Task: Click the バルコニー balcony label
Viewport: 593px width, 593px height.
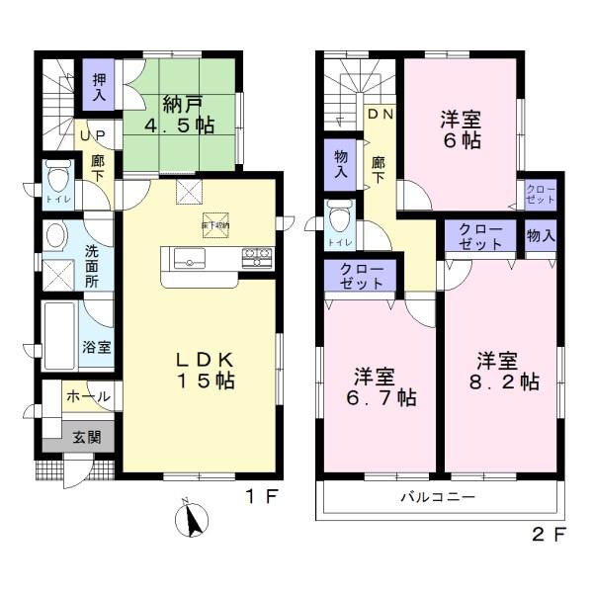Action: pos(438,497)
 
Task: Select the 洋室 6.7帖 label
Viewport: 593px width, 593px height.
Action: pos(380,386)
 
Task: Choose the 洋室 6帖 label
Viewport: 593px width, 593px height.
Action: pos(460,128)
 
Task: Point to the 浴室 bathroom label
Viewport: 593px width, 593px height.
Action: pos(97,349)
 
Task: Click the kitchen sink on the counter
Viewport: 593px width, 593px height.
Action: pos(190,260)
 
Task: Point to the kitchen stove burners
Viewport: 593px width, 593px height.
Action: pos(257,258)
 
